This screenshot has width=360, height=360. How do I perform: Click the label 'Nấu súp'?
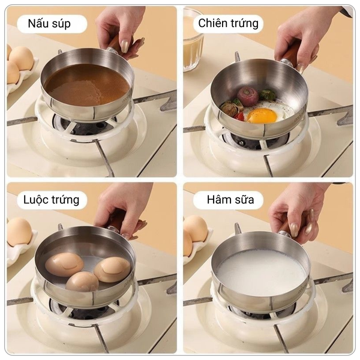click(49, 23)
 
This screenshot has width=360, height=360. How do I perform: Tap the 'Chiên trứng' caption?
click(228, 23)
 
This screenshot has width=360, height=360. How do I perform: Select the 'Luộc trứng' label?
click(52, 200)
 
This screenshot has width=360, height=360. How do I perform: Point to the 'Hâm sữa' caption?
click(230, 200)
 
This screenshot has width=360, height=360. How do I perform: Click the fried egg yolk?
click(262, 115)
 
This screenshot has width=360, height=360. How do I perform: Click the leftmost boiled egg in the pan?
click(64, 265)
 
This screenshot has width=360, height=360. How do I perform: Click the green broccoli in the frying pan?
click(267, 95)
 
